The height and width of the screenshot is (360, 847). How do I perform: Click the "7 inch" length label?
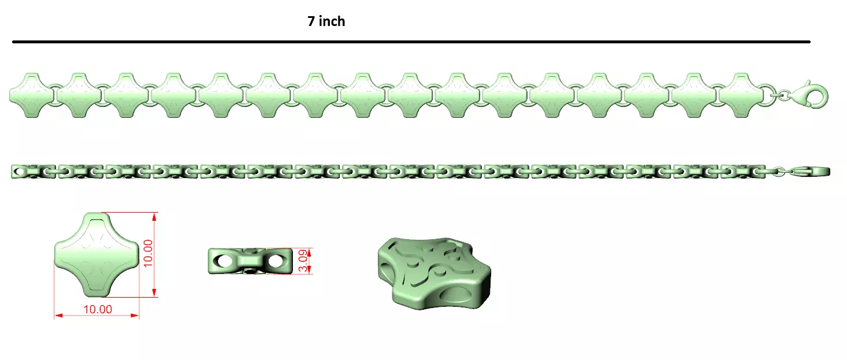point(326,21)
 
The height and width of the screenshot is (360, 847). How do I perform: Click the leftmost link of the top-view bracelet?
point(32,95)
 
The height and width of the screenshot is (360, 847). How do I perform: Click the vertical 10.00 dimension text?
point(148,253)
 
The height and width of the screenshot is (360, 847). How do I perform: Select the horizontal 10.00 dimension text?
point(98,309)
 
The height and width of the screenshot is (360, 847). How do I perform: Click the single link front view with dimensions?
point(96,254)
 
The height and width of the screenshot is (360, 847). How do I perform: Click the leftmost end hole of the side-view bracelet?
point(20,172)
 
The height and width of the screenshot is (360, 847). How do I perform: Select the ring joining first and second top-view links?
point(55,95)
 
